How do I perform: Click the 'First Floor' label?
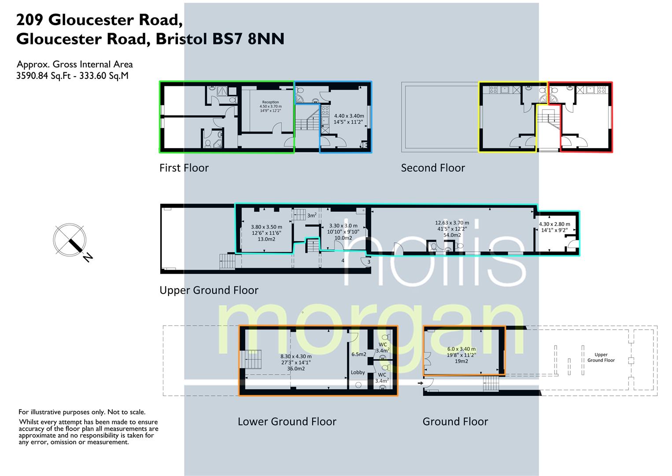pyautogui.click(x=184, y=168)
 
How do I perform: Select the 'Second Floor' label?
pyautogui.click(x=432, y=168)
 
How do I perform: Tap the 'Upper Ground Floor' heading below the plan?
pyautogui.click(x=209, y=290)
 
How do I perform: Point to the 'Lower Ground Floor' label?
pyautogui.click(x=287, y=422)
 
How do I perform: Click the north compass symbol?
pyautogui.click(x=70, y=241)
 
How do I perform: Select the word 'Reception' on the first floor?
pyautogui.click(x=270, y=102)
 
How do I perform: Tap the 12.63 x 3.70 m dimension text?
pyautogui.click(x=452, y=223)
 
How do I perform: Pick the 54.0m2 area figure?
pyautogui.click(x=452, y=235)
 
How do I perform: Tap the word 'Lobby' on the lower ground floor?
pyautogui.click(x=358, y=372)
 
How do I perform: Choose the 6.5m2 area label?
pyautogui.click(x=358, y=354)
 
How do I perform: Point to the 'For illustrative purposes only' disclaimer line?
pyautogui.click(x=81, y=412)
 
